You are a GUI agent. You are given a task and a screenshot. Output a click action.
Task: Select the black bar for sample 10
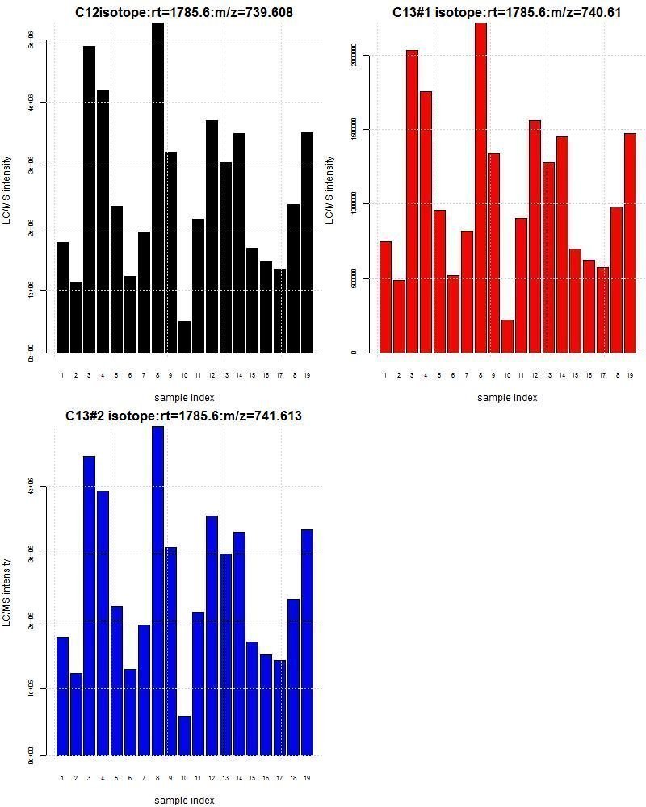point(185,337)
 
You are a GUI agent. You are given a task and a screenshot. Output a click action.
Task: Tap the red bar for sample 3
point(412,202)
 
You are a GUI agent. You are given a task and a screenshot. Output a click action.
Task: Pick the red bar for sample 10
point(507,337)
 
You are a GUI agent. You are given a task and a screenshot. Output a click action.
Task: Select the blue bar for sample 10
point(185,735)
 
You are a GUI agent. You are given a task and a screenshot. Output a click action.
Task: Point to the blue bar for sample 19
point(307,642)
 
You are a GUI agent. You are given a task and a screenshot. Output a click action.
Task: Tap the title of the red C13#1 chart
point(506,13)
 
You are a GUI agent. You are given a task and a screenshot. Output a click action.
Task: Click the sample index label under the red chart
point(506,398)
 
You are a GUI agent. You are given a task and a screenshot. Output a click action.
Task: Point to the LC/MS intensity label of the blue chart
point(7,592)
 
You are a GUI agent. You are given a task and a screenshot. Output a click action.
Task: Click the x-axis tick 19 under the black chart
point(307,375)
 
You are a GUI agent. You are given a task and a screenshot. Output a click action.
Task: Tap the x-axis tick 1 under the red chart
point(385,375)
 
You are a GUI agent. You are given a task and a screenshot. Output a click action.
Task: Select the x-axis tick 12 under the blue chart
point(212,778)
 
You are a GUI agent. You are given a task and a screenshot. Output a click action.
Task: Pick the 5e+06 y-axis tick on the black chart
point(31,40)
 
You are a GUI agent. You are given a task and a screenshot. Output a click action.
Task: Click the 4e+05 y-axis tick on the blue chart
point(31,487)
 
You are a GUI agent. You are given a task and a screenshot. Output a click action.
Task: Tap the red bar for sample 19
point(630,243)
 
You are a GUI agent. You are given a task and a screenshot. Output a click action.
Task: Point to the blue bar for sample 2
point(76,714)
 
